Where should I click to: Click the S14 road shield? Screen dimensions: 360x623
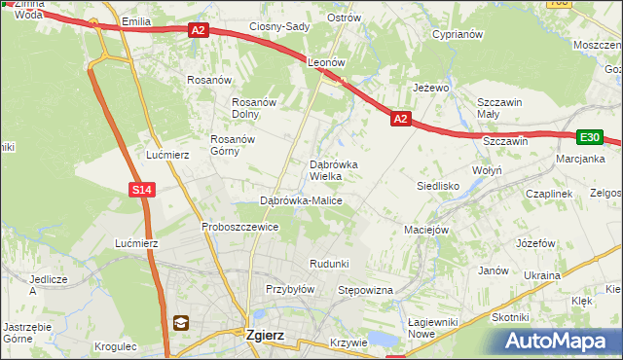coord(142,190)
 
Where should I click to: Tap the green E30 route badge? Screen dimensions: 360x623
coord(589,138)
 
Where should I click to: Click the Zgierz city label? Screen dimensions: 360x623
coord(265,335)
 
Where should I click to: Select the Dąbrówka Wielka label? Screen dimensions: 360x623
coord(333,170)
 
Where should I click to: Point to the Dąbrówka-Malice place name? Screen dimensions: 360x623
coord(300,200)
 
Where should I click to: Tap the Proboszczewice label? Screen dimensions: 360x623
coord(239,227)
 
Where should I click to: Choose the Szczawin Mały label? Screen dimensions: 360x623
coord(500,108)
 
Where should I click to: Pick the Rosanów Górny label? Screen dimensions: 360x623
coord(231,145)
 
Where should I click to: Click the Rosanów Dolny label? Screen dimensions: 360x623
coord(254,108)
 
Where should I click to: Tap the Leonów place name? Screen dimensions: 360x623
coord(327,61)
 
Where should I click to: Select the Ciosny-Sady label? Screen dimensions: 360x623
coord(279,27)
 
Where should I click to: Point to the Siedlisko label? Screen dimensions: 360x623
coord(437,185)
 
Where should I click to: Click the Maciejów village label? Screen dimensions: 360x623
coord(425,231)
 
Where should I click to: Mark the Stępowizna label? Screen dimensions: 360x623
coord(364,290)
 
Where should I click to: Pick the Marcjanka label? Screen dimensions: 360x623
coord(580,159)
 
